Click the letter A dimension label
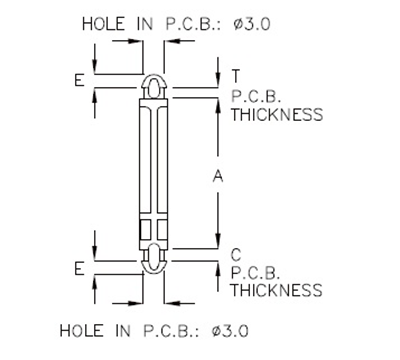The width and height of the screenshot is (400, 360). coord(218,176)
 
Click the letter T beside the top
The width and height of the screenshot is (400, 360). coord(235,76)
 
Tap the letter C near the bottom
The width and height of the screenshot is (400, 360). coord(235,253)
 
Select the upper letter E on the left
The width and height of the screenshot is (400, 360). coord(79,79)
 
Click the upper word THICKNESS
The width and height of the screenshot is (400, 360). coord(276,114)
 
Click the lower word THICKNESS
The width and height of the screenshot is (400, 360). coord(276,291)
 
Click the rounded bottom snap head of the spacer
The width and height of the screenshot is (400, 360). coord(154,264)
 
